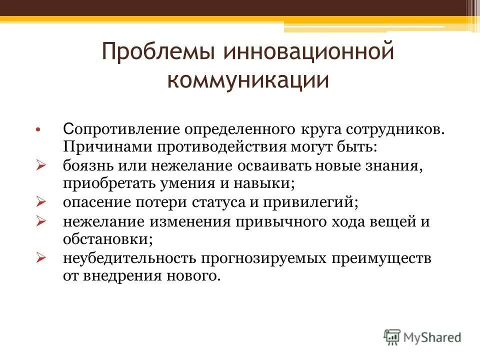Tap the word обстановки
[107, 239]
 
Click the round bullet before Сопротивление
[38, 130]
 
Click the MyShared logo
[422, 337]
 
